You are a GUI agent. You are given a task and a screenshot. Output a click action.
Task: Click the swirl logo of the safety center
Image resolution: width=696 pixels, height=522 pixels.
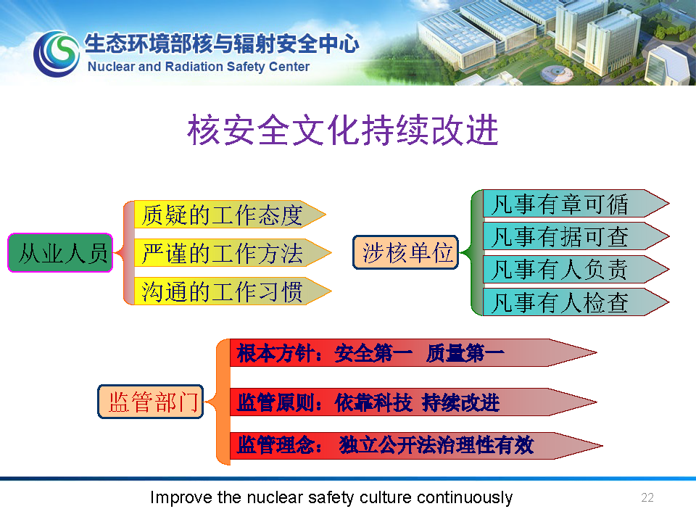pyautogui.click(x=57, y=54)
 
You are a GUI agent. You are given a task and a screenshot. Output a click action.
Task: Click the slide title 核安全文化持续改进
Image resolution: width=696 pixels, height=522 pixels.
pyautogui.click(x=343, y=130)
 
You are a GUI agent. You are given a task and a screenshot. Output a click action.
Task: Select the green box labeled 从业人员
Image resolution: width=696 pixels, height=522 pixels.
pyautogui.click(x=60, y=252)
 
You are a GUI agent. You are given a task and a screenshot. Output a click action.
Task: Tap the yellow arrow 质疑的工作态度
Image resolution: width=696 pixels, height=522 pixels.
pyautogui.click(x=230, y=215)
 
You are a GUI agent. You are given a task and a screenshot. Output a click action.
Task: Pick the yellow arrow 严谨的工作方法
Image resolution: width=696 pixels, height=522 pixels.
pyautogui.click(x=233, y=253)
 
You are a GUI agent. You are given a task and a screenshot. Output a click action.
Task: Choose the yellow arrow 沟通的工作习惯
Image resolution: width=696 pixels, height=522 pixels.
pyautogui.click(x=233, y=291)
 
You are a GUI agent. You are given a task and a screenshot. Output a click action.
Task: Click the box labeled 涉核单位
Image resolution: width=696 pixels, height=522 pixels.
pyautogui.click(x=405, y=252)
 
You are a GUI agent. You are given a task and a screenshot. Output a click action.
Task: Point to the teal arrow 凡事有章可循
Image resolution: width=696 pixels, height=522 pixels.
pyautogui.click(x=576, y=204)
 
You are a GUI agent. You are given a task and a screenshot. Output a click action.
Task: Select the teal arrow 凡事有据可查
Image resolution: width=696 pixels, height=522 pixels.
pyautogui.click(x=576, y=236)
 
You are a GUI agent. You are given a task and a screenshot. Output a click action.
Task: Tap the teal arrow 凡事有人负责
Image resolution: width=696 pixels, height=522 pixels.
pyautogui.click(x=576, y=270)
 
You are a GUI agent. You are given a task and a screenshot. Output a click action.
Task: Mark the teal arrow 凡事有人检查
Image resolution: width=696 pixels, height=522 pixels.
pyautogui.click(x=576, y=302)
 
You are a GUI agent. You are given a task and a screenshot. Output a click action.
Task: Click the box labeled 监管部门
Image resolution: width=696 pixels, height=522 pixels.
pyautogui.click(x=151, y=402)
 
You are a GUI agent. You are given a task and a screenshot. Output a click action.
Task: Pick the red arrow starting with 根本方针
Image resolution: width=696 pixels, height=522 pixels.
pyautogui.click(x=413, y=353)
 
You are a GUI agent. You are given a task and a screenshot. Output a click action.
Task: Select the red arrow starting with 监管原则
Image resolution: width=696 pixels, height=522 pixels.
pyautogui.click(x=413, y=402)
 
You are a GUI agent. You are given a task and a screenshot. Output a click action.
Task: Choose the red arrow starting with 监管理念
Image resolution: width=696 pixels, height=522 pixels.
pyautogui.click(x=416, y=446)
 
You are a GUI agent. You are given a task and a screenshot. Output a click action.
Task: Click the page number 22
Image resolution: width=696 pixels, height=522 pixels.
pyautogui.click(x=647, y=497)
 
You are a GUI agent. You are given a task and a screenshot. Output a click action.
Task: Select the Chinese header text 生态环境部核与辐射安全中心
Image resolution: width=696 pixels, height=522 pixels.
pyautogui.click(x=222, y=43)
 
